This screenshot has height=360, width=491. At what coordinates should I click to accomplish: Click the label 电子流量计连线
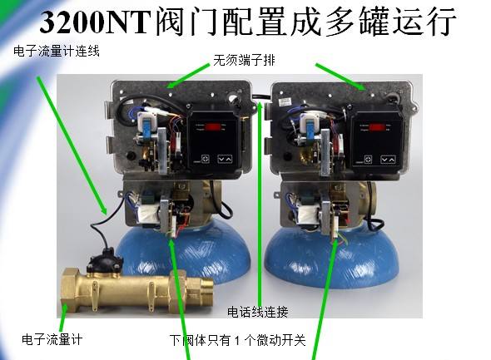(x=57, y=52)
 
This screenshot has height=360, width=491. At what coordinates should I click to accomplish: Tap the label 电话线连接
(x=258, y=313)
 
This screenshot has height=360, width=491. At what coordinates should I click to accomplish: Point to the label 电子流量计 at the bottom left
(x=52, y=339)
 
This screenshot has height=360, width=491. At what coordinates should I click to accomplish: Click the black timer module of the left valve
(x=214, y=141)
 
